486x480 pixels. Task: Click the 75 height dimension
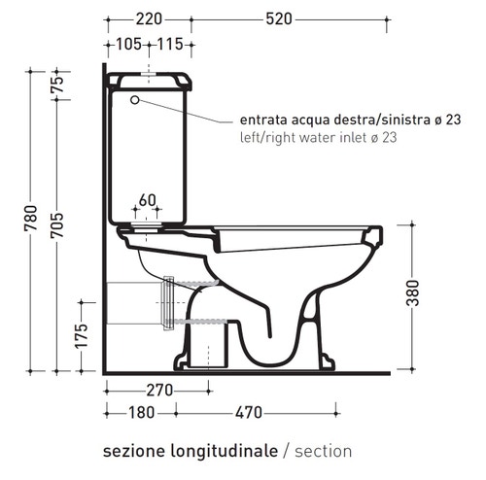[x=55, y=85]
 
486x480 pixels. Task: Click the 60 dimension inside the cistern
[x=148, y=200]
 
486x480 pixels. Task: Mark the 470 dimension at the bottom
[x=247, y=412]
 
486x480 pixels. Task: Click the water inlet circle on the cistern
[x=134, y=99]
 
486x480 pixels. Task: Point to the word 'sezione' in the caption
[x=130, y=452]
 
